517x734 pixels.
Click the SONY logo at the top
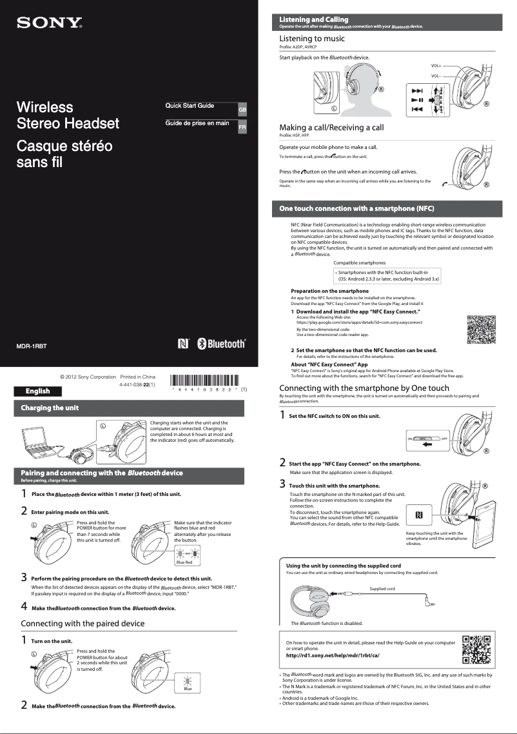click(x=49, y=24)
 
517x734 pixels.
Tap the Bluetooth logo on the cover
click(x=221, y=344)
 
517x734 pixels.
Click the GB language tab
click(x=242, y=110)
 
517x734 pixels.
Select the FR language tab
click(x=242, y=128)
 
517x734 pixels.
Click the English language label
click(x=38, y=391)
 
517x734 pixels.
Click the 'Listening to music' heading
click(x=311, y=39)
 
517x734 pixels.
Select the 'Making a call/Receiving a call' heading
click(x=331, y=128)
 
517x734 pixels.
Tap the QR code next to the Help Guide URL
click(x=477, y=649)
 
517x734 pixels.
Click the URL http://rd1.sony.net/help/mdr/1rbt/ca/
click(x=332, y=655)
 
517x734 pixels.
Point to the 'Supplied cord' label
click(x=382, y=589)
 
